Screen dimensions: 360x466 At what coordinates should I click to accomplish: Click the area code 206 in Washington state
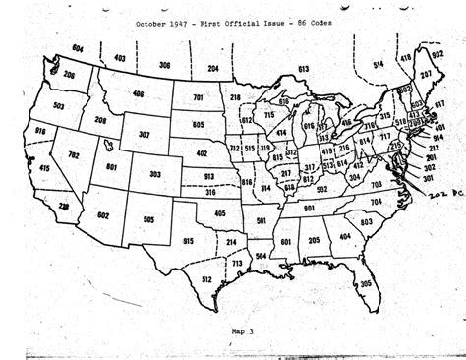(x=69, y=74)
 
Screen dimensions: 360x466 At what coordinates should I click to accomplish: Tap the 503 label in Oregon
(x=58, y=105)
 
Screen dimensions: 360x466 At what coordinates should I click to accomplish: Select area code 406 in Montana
(x=139, y=93)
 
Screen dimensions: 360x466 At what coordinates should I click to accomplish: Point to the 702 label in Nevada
(x=74, y=155)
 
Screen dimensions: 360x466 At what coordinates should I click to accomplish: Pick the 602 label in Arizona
(x=103, y=215)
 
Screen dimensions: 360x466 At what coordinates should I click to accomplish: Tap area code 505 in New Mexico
(x=148, y=220)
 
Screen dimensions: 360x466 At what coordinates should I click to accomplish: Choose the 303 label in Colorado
(x=155, y=173)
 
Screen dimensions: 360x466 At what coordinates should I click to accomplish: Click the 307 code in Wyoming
(x=145, y=135)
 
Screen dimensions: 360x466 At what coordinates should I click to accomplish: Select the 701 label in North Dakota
(x=198, y=98)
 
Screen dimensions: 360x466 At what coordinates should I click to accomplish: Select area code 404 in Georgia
(x=344, y=237)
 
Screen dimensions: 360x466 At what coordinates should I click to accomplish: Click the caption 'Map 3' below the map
(x=242, y=332)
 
